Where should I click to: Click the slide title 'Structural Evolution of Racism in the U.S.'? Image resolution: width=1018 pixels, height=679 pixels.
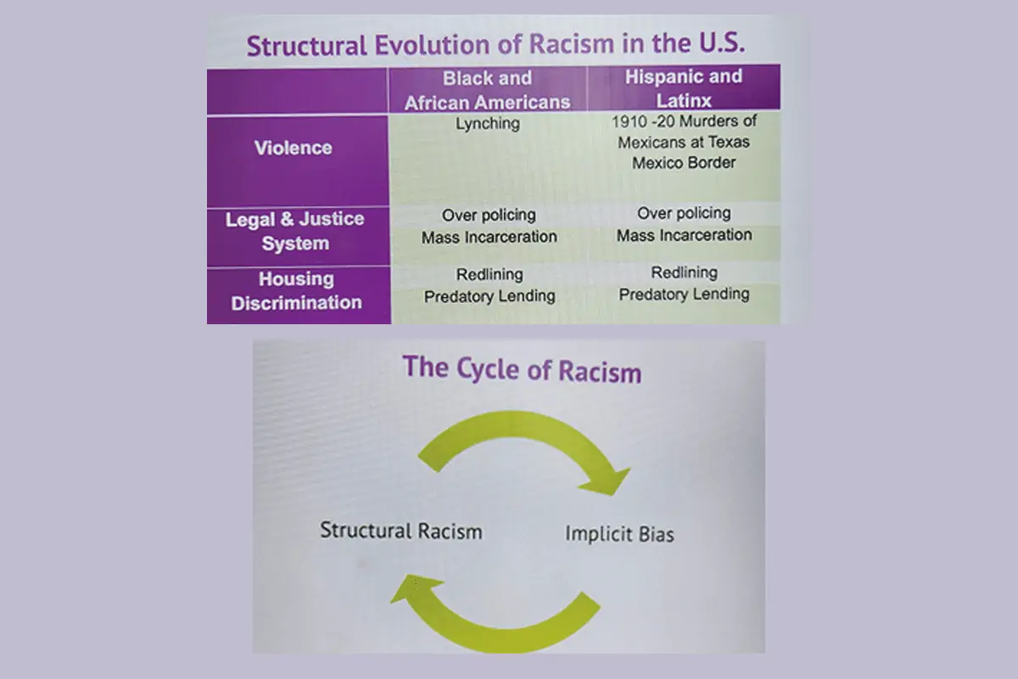click(495, 45)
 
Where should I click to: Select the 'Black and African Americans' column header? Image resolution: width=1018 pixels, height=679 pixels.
click(487, 91)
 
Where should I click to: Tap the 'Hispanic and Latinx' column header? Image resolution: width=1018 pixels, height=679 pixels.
click(684, 88)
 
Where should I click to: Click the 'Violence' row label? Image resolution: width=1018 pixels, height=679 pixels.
click(294, 148)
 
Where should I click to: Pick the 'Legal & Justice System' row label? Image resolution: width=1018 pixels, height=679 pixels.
click(295, 231)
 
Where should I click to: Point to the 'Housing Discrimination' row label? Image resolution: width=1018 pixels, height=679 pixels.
click(296, 290)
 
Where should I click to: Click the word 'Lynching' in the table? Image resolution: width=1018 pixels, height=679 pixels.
click(488, 124)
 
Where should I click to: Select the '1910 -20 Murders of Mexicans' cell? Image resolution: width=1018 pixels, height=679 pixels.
click(684, 142)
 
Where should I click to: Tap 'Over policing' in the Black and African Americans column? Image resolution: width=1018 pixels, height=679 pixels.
click(489, 215)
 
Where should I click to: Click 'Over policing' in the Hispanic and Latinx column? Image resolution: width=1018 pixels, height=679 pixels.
click(684, 213)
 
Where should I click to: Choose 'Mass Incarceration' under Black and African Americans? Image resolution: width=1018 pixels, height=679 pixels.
click(489, 237)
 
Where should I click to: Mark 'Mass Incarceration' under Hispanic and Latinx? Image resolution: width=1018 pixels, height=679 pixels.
click(684, 235)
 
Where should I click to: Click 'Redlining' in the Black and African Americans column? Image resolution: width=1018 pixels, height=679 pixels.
click(489, 274)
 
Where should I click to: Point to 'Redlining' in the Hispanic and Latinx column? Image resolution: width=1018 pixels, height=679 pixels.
click(685, 272)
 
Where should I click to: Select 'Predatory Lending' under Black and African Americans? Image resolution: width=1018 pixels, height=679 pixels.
click(489, 296)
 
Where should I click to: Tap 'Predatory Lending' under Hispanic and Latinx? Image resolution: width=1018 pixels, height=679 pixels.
click(684, 295)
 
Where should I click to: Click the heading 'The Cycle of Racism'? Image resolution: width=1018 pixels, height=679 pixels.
click(522, 370)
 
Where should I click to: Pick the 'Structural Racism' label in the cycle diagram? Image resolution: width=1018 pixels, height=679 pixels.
click(400, 530)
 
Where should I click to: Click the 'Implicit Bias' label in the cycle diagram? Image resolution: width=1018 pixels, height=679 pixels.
click(619, 534)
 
